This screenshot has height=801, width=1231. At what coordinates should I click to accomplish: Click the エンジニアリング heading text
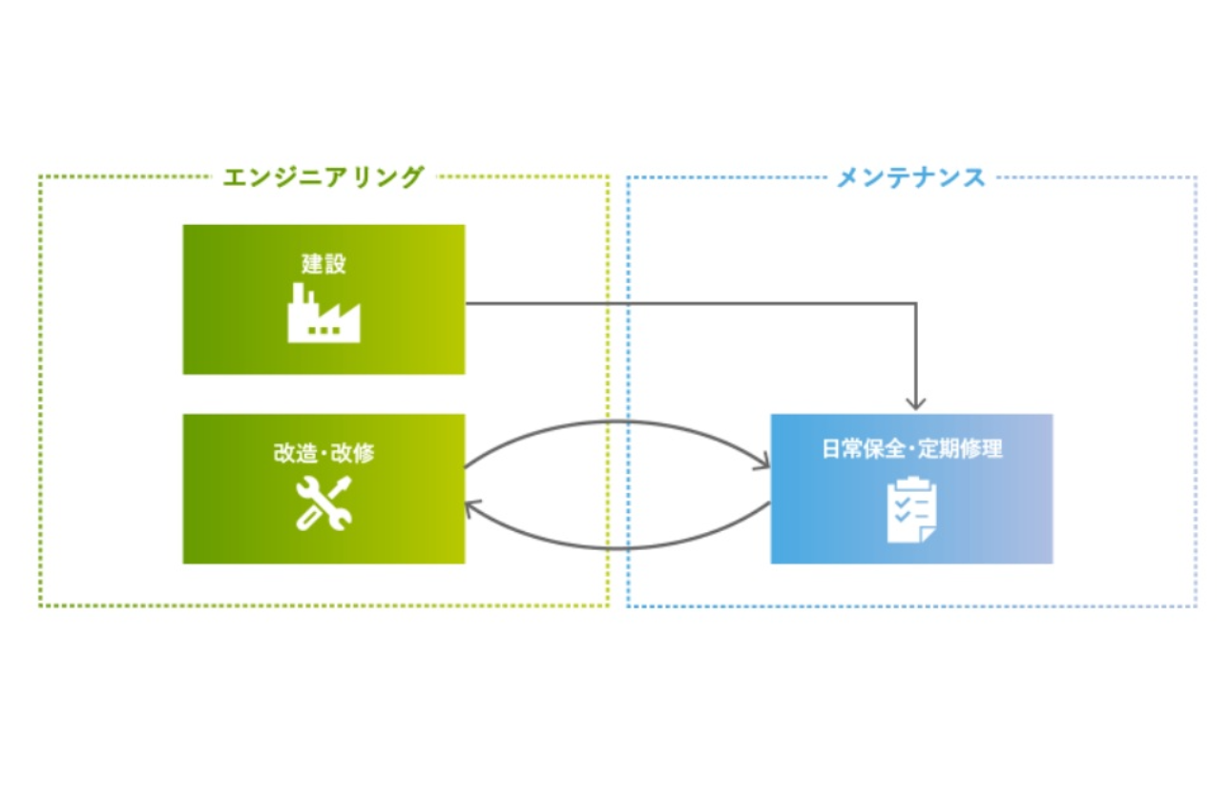323,176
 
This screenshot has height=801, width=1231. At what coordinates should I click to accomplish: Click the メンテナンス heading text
910,177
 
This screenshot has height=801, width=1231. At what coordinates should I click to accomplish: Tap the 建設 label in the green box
323,264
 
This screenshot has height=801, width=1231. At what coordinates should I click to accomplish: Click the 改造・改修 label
323,453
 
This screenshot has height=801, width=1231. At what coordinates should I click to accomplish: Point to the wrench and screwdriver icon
323,503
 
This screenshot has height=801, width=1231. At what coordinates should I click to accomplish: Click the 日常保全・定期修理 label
911,448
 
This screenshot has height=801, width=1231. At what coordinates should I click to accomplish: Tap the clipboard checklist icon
911,510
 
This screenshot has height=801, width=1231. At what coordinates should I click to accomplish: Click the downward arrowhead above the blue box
916,402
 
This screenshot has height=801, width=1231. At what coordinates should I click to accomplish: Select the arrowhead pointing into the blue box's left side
762,464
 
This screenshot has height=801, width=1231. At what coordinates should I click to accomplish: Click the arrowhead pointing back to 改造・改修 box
471,509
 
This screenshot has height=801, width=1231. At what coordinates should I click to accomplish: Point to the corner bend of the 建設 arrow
915,304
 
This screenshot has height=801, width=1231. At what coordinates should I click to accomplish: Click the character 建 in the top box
312,264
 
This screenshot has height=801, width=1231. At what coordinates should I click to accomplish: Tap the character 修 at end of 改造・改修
364,453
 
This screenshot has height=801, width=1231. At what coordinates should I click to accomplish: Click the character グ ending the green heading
410,176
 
